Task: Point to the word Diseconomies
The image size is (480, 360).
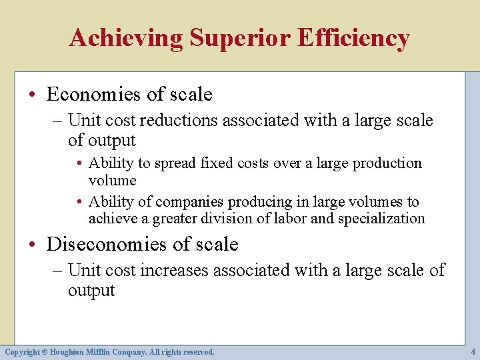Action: (x=106, y=245)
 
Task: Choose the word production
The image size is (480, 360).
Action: (x=387, y=163)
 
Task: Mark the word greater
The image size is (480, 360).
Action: (x=178, y=219)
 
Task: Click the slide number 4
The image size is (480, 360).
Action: (x=473, y=351)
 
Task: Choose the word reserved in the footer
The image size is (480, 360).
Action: (x=196, y=351)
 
